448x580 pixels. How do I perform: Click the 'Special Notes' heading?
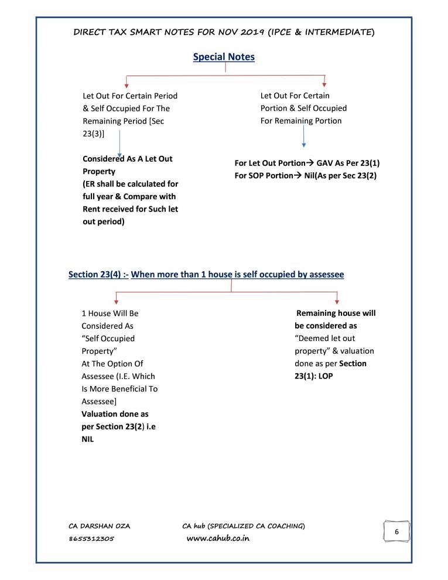click(x=224, y=57)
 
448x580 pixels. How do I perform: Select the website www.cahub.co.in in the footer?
click(x=217, y=538)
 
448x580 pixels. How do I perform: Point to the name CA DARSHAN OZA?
click(x=100, y=526)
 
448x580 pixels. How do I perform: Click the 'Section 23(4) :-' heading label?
click(x=98, y=274)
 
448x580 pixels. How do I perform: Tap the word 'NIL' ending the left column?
click(x=88, y=439)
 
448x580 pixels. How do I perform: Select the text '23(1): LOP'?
click(x=313, y=376)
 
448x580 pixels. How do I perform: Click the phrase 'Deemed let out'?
click(x=326, y=339)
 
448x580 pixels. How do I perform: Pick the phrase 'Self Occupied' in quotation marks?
click(x=110, y=339)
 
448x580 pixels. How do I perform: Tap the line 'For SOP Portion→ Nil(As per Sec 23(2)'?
click(x=305, y=176)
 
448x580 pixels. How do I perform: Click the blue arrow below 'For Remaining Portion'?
click(x=303, y=137)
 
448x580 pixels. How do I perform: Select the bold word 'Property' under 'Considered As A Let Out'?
click(x=99, y=172)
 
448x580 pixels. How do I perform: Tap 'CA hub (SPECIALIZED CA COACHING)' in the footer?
click(x=243, y=526)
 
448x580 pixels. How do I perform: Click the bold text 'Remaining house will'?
click(x=336, y=313)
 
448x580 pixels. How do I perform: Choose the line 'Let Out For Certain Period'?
click(x=130, y=95)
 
